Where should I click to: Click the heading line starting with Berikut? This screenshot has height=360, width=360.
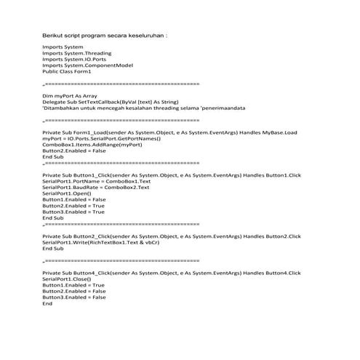(105, 35)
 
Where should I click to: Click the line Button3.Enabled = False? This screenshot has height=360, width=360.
(74, 297)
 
